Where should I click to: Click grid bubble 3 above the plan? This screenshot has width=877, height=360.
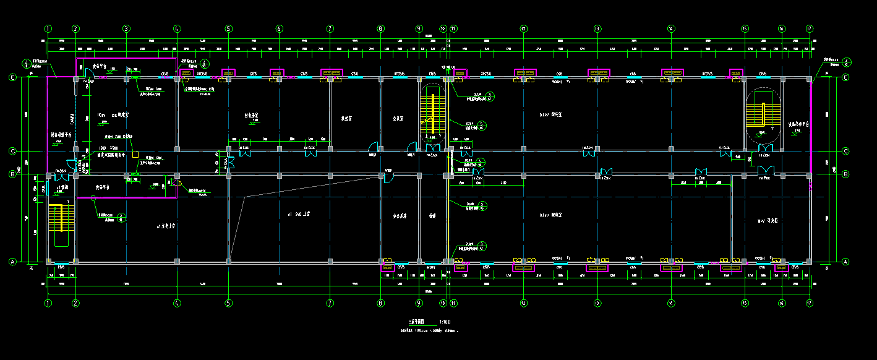point(126,28)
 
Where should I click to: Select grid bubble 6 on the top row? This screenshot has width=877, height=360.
point(279,28)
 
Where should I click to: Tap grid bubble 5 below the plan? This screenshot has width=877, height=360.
point(228,303)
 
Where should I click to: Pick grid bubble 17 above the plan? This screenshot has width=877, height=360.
point(809,28)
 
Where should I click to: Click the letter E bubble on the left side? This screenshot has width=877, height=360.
point(12,77)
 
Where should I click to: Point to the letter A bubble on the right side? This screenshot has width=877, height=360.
point(846,262)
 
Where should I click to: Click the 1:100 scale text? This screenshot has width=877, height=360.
point(444,322)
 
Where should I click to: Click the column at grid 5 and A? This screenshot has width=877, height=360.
point(228,262)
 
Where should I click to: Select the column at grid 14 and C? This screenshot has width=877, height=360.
point(671,149)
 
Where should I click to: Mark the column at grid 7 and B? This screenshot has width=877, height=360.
point(330,176)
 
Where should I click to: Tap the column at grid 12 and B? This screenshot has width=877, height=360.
point(523,176)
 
